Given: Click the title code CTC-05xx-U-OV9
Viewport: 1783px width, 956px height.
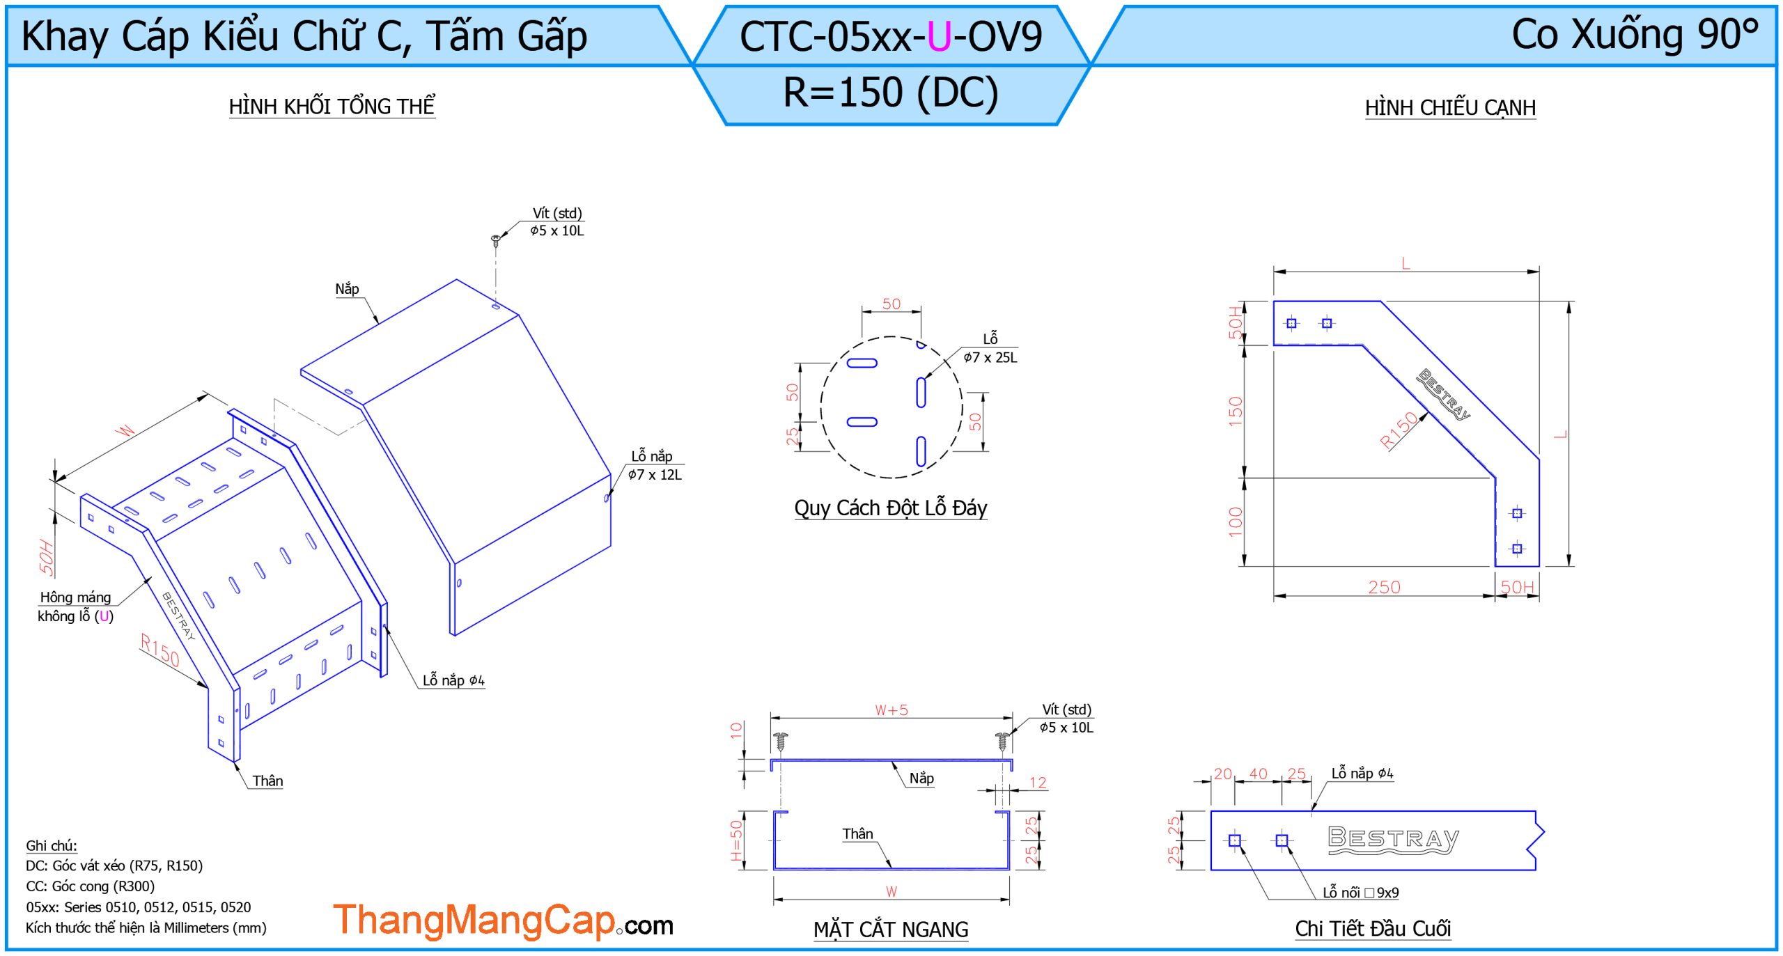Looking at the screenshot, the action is (891, 36).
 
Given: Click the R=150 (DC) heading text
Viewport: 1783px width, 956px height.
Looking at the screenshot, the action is (891, 93).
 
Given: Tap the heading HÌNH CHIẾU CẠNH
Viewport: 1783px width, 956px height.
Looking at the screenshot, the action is (1450, 108).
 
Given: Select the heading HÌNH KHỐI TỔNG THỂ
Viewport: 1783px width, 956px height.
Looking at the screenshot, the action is (332, 107).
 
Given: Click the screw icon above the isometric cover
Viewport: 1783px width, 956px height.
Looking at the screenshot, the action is (495, 241).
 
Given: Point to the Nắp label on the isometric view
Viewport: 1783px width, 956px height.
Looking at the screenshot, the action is (347, 289).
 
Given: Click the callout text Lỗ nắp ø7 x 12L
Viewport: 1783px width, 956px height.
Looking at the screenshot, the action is (655, 465).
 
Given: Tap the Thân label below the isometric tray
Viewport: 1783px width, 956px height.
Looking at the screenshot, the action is (267, 781).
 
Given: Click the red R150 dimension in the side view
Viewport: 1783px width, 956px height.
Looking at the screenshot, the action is (1400, 429).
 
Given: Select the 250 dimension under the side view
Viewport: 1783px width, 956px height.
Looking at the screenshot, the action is (1384, 587).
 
